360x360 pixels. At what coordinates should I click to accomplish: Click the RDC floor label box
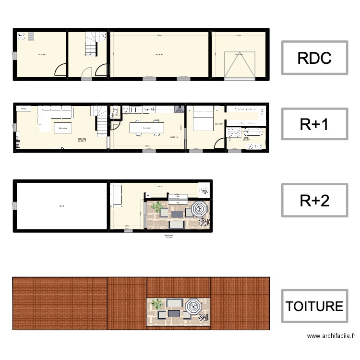(314, 58)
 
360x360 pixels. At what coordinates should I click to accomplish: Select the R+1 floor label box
(314, 124)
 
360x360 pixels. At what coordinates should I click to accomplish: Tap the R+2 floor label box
(314, 201)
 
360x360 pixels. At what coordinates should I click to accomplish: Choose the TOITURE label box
(314, 306)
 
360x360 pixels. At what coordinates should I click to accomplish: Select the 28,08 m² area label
(159, 55)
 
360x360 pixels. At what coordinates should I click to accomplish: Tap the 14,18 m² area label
(41, 55)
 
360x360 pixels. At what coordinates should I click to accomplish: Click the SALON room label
(82, 140)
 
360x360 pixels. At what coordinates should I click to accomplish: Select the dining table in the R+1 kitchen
(146, 128)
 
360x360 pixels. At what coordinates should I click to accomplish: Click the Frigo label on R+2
(204, 191)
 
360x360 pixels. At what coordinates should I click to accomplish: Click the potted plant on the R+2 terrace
(156, 207)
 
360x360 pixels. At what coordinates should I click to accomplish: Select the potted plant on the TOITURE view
(156, 303)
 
